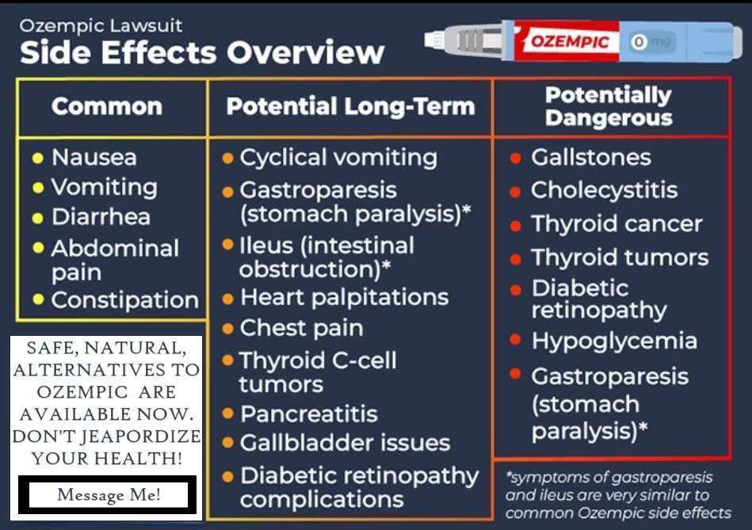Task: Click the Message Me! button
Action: (x=108, y=494)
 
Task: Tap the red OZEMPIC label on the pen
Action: (x=569, y=42)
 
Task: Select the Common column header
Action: (x=107, y=106)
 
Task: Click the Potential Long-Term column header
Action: (x=350, y=106)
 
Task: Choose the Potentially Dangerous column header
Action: (x=609, y=106)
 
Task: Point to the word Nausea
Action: (x=94, y=158)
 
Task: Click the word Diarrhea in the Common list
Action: (x=101, y=217)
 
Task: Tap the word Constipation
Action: (x=124, y=300)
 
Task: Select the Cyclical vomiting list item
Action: (x=338, y=158)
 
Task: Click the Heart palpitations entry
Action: (x=345, y=298)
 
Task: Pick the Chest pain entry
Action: (x=302, y=329)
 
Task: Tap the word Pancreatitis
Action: (x=309, y=414)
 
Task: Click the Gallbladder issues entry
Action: (x=345, y=443)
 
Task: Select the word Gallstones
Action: (x=591, y=158)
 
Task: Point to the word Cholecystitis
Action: (x=605, y=190)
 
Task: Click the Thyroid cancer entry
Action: (x=616, y=224)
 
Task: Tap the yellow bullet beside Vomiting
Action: (x=38, y=188)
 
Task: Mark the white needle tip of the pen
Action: (x=433, y=40)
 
